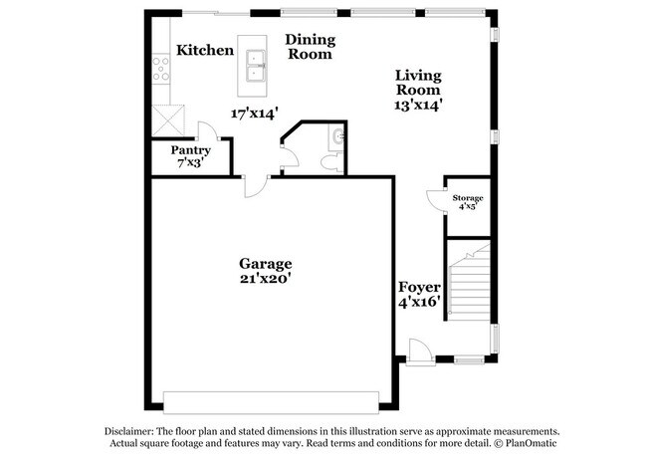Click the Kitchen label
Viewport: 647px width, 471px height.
point(206,49)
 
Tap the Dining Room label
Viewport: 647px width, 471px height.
point(311,47)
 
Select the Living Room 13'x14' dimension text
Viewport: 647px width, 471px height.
point(418,103)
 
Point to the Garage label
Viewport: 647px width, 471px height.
point(265,263)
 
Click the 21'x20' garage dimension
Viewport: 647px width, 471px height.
point(265,280)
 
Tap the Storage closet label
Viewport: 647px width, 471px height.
point(468,199)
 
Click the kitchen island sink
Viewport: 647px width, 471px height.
point(255,65)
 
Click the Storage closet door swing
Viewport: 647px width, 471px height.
point(435,198)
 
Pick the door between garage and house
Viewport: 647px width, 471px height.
point(256,187)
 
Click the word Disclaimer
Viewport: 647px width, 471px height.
point(138,430)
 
